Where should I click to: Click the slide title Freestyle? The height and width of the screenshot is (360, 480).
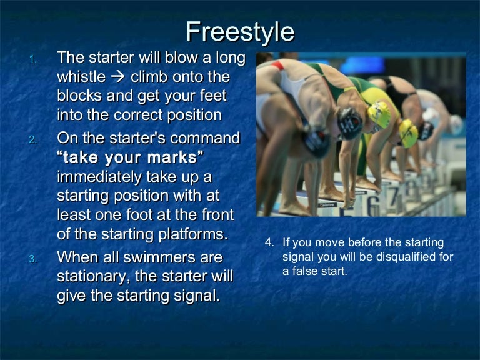tap(240, 31)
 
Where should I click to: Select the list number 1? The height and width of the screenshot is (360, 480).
tap(34, 59)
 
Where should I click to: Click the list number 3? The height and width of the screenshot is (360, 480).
tap(34, 259)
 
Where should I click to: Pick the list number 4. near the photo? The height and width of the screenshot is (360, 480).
tap(269, 243)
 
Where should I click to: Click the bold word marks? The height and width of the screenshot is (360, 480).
tap(174, 157)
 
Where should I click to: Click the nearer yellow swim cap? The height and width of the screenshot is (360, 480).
tap(379, 114)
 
